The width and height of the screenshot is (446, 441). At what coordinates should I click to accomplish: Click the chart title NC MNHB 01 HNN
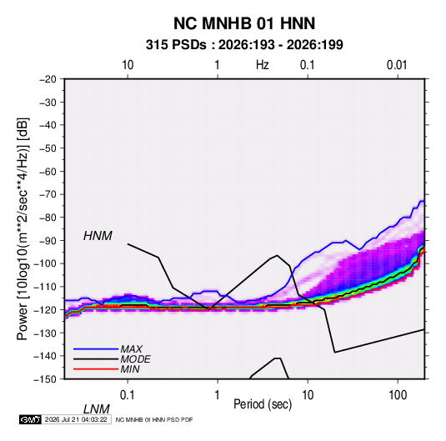pyautogui.click(x=244, y=23)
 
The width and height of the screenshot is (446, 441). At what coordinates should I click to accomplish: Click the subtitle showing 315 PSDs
pyautogui.click(x=244, y=45)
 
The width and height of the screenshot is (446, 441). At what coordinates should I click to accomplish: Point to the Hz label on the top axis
pyautogui.click(x=262, y=65)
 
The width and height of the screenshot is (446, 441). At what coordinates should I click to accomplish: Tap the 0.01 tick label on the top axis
pyautogui.click(x=397, y=65)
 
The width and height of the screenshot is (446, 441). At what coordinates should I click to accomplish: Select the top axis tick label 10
pyautogui.click(x=128, y=65)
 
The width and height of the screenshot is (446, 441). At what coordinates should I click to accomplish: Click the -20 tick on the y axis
pyautogui.click(x=48, y=79)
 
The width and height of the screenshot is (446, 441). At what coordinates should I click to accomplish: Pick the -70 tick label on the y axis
pyautogui.click(x=48, y=194)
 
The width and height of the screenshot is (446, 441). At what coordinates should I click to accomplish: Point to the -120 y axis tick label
pyautogui.click(x=45, y=309)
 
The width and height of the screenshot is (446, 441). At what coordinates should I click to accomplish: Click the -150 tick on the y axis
pyautogui.click(x=45, y=379)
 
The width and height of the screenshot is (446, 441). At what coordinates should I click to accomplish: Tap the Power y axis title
pyautogui.click(x=23, y=229)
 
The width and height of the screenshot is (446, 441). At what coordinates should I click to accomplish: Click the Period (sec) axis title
pyautogui.click(x=263, y=404)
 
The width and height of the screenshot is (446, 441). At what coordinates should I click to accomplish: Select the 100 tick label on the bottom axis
pyautogui.click(x=398, y=395)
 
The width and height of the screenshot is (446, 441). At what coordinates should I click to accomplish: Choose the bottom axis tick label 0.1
pyautogui.click(x=128, y=395)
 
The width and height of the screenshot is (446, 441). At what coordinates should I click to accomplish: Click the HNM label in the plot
pyautogui.click(x=98, y=236)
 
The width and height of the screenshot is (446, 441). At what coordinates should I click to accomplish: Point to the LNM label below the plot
pyautogui.click(x=97, y=409)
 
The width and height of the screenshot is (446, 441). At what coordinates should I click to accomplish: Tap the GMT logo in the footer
pyautogui.click(x=30, y=419)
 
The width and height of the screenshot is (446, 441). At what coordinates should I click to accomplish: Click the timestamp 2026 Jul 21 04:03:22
pyautogui.click(x=76, y=419)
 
